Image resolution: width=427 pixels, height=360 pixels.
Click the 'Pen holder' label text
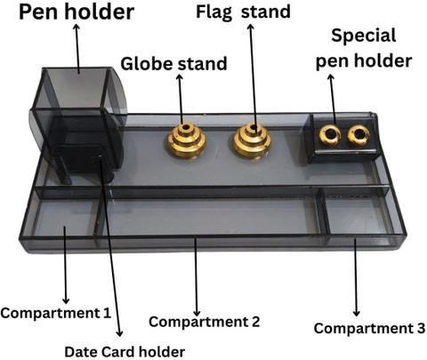[x=77, y=12]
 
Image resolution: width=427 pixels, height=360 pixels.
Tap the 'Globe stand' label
[x=173, y=64]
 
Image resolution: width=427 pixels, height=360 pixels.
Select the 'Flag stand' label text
[x=243, y=12]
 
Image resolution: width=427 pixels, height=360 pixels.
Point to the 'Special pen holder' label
[x=364, y=49]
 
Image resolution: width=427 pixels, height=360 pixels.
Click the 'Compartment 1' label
[x=56, y=313]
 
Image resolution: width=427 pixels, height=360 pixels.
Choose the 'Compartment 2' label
[x=205, y=322]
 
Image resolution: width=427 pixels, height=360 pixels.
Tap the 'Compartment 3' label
[x=369, y=328]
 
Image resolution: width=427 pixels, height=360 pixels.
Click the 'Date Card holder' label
[x=125, y=352]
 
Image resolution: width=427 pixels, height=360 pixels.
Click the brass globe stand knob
[x=187, y=140]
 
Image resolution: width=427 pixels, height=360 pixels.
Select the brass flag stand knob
[x=253, y=140]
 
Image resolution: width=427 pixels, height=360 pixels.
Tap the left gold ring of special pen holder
[x=330, y=135]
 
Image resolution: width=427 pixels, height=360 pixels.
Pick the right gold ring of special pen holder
[x=359, y=135]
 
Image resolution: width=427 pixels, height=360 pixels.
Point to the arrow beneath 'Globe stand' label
[x=181, y=100]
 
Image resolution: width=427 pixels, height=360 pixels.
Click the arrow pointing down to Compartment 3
[x=356, y=277]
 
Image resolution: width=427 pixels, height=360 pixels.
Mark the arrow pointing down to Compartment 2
[x=196, y=277]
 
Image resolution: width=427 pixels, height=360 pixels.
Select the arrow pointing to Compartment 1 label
[x=65, y=265]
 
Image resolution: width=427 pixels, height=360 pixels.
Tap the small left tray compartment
[x=64, y=218]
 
